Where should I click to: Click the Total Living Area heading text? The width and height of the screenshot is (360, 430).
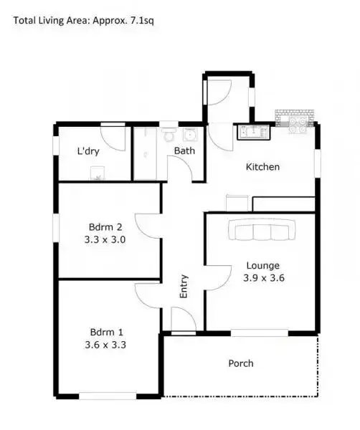[x=84, y=20]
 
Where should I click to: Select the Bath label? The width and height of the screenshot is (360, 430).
[x=185, y=150]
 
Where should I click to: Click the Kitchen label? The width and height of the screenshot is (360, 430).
[x=262, y=167]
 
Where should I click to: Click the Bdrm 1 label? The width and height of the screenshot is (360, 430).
[x=106, y=332]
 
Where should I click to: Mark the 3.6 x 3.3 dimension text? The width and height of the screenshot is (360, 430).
[x=107, y=345]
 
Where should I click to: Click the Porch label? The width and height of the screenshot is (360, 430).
[x=241, y=363]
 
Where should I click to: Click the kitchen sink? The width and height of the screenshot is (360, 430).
[x=252, y=131]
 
